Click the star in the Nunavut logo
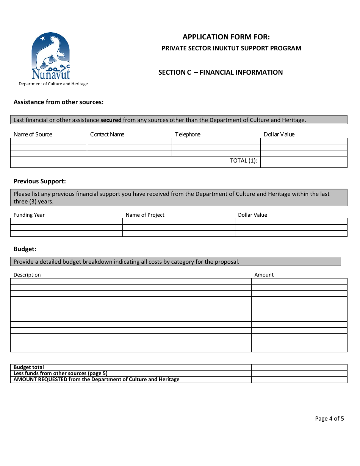pyautogui.click(x=42, y=38)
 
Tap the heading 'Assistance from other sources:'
pyautogui.click(x=58, y=102)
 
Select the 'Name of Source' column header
pyautogui.click(x=33, y=134)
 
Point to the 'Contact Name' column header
pyautogui.click(x=107, y=134)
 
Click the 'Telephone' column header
pyautogui.click(x=188, y=134)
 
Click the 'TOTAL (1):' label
pyautogui.click(x=244, y=161)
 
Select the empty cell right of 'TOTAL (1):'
pyautogui.click(x=304, y=162)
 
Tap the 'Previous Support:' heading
pyautogui.click(x=40, y=181)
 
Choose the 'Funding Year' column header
pyautogui.click(x=29, y=215)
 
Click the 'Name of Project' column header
pyautogui.click(x=145, y=215)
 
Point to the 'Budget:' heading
pyautogui.click(x=25, y=249)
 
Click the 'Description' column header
pyautogui.click(x=27, y=275)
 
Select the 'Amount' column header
pyautogui.click(x=264, y=275)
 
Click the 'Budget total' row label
pyautogui.click(x=29, y=367)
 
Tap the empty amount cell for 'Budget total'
pyautogui.click(x=299, y=367)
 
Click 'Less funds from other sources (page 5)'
pyautogui.click(x=61, y=373)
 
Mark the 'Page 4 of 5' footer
pyautogui.click(x=329, y=419)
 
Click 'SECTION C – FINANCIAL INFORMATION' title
pyautogui.click(x=221, y=72)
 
